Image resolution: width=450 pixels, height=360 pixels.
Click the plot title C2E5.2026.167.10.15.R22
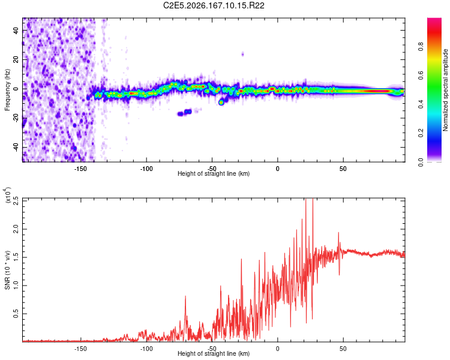pos(214,5)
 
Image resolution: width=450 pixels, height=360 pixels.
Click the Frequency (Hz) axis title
pos(7,89)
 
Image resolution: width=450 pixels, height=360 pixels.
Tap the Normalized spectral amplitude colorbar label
pos(445,90)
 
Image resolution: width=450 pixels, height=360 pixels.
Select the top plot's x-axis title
pos(214,173)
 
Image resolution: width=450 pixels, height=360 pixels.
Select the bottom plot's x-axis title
pos(214,353)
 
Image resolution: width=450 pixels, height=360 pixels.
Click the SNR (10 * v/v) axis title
pos(7,270)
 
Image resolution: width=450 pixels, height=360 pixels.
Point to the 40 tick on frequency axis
pos(16,30)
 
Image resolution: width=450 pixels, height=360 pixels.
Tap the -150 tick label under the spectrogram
pos(80,169)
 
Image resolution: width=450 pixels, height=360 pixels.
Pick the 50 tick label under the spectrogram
pos(343,169)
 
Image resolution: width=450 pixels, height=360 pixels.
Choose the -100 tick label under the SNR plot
pos(146,349)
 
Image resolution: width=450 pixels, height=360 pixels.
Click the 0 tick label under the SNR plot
pos(278,349)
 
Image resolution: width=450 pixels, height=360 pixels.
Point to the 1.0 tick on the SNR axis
pos(16,286)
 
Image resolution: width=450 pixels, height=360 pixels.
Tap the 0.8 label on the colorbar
pos(421,47)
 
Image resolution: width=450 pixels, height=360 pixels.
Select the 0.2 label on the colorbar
pos(421,133)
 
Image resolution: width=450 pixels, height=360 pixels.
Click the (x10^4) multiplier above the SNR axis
pos(8,195)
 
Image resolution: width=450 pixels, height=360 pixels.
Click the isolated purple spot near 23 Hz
pos(243,54)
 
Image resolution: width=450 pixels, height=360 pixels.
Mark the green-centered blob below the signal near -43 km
pos(221,102)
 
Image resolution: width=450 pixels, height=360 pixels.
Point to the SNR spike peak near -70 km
pos(185,296)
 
